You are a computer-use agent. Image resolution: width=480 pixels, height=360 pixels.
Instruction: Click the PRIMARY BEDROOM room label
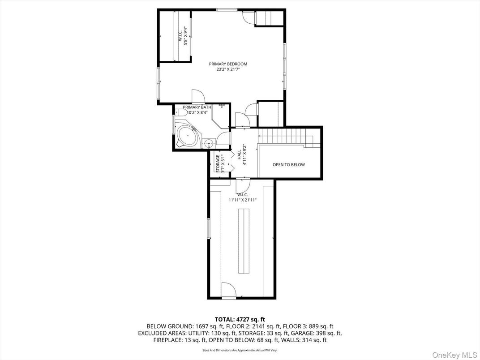tap(228, 64)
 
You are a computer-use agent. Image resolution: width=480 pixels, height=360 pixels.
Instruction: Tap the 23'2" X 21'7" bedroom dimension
tap(228, 69)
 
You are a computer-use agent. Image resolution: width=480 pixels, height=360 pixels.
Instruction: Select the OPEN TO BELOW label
tap(289, 165)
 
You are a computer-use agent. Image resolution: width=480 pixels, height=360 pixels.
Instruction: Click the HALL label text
tap(239, 154)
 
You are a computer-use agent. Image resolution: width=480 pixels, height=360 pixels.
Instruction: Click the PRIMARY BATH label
tap(197, 107)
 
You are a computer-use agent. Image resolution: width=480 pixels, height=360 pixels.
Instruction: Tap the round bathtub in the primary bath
tap(187, 136)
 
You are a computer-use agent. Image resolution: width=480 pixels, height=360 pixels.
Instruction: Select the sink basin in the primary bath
tap(209, 142)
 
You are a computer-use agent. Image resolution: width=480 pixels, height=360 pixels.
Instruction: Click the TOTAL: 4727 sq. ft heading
tap(240, 320)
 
